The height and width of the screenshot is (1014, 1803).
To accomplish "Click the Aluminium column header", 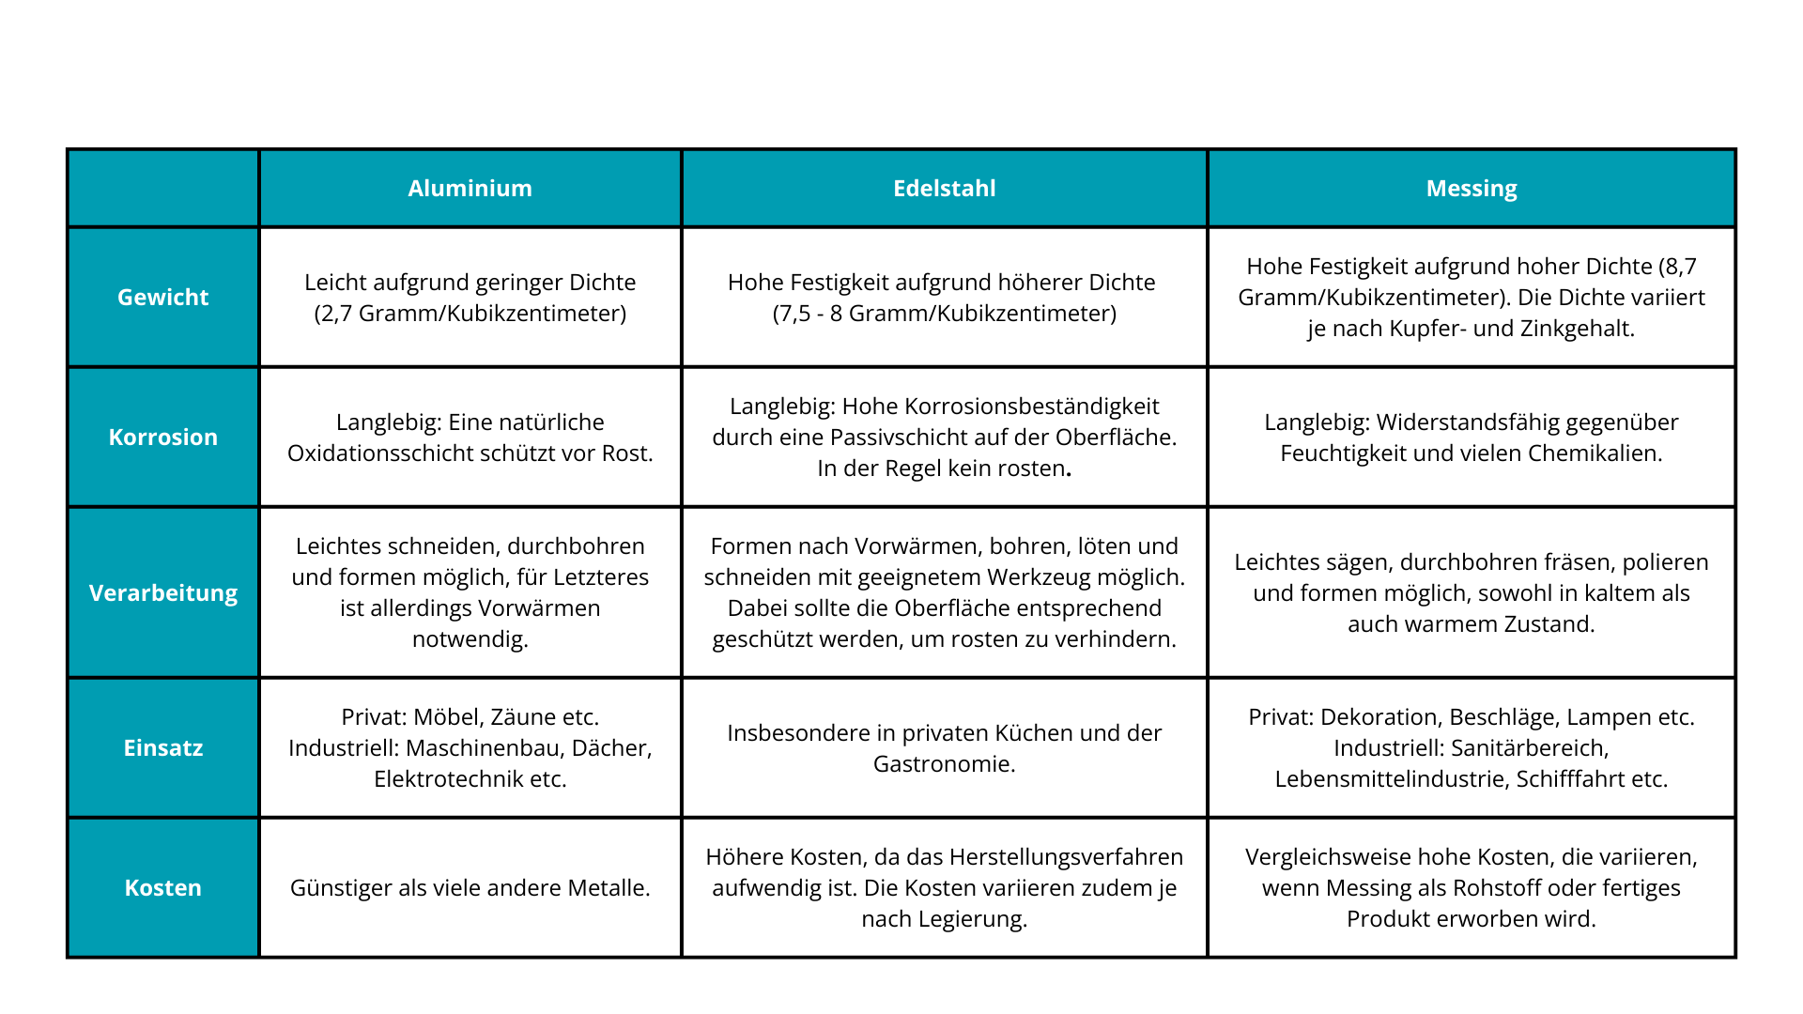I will pos(470,189).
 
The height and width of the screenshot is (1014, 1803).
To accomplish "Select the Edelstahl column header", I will pos(944,189).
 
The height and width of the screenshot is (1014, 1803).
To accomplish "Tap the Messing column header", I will pos(1471,189).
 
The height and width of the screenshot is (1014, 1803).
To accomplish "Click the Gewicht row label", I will pos(163,298).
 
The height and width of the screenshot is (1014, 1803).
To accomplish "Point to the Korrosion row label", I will pos(163,438).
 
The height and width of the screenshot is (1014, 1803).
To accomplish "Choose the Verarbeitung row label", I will pos(163,593).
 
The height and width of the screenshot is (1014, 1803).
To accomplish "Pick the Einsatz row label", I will pos(163,748).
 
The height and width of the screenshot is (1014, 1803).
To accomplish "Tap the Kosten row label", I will pos(163,888).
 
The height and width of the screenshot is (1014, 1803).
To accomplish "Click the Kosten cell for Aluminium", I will pos(470,888).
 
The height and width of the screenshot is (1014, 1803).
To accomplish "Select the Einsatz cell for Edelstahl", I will pos(944,748).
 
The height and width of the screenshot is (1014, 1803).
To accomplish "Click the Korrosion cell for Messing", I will pos(1471,438).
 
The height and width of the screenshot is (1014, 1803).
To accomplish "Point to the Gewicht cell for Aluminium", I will pos(470,298).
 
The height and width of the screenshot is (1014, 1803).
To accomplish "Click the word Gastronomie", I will pos(944,764).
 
